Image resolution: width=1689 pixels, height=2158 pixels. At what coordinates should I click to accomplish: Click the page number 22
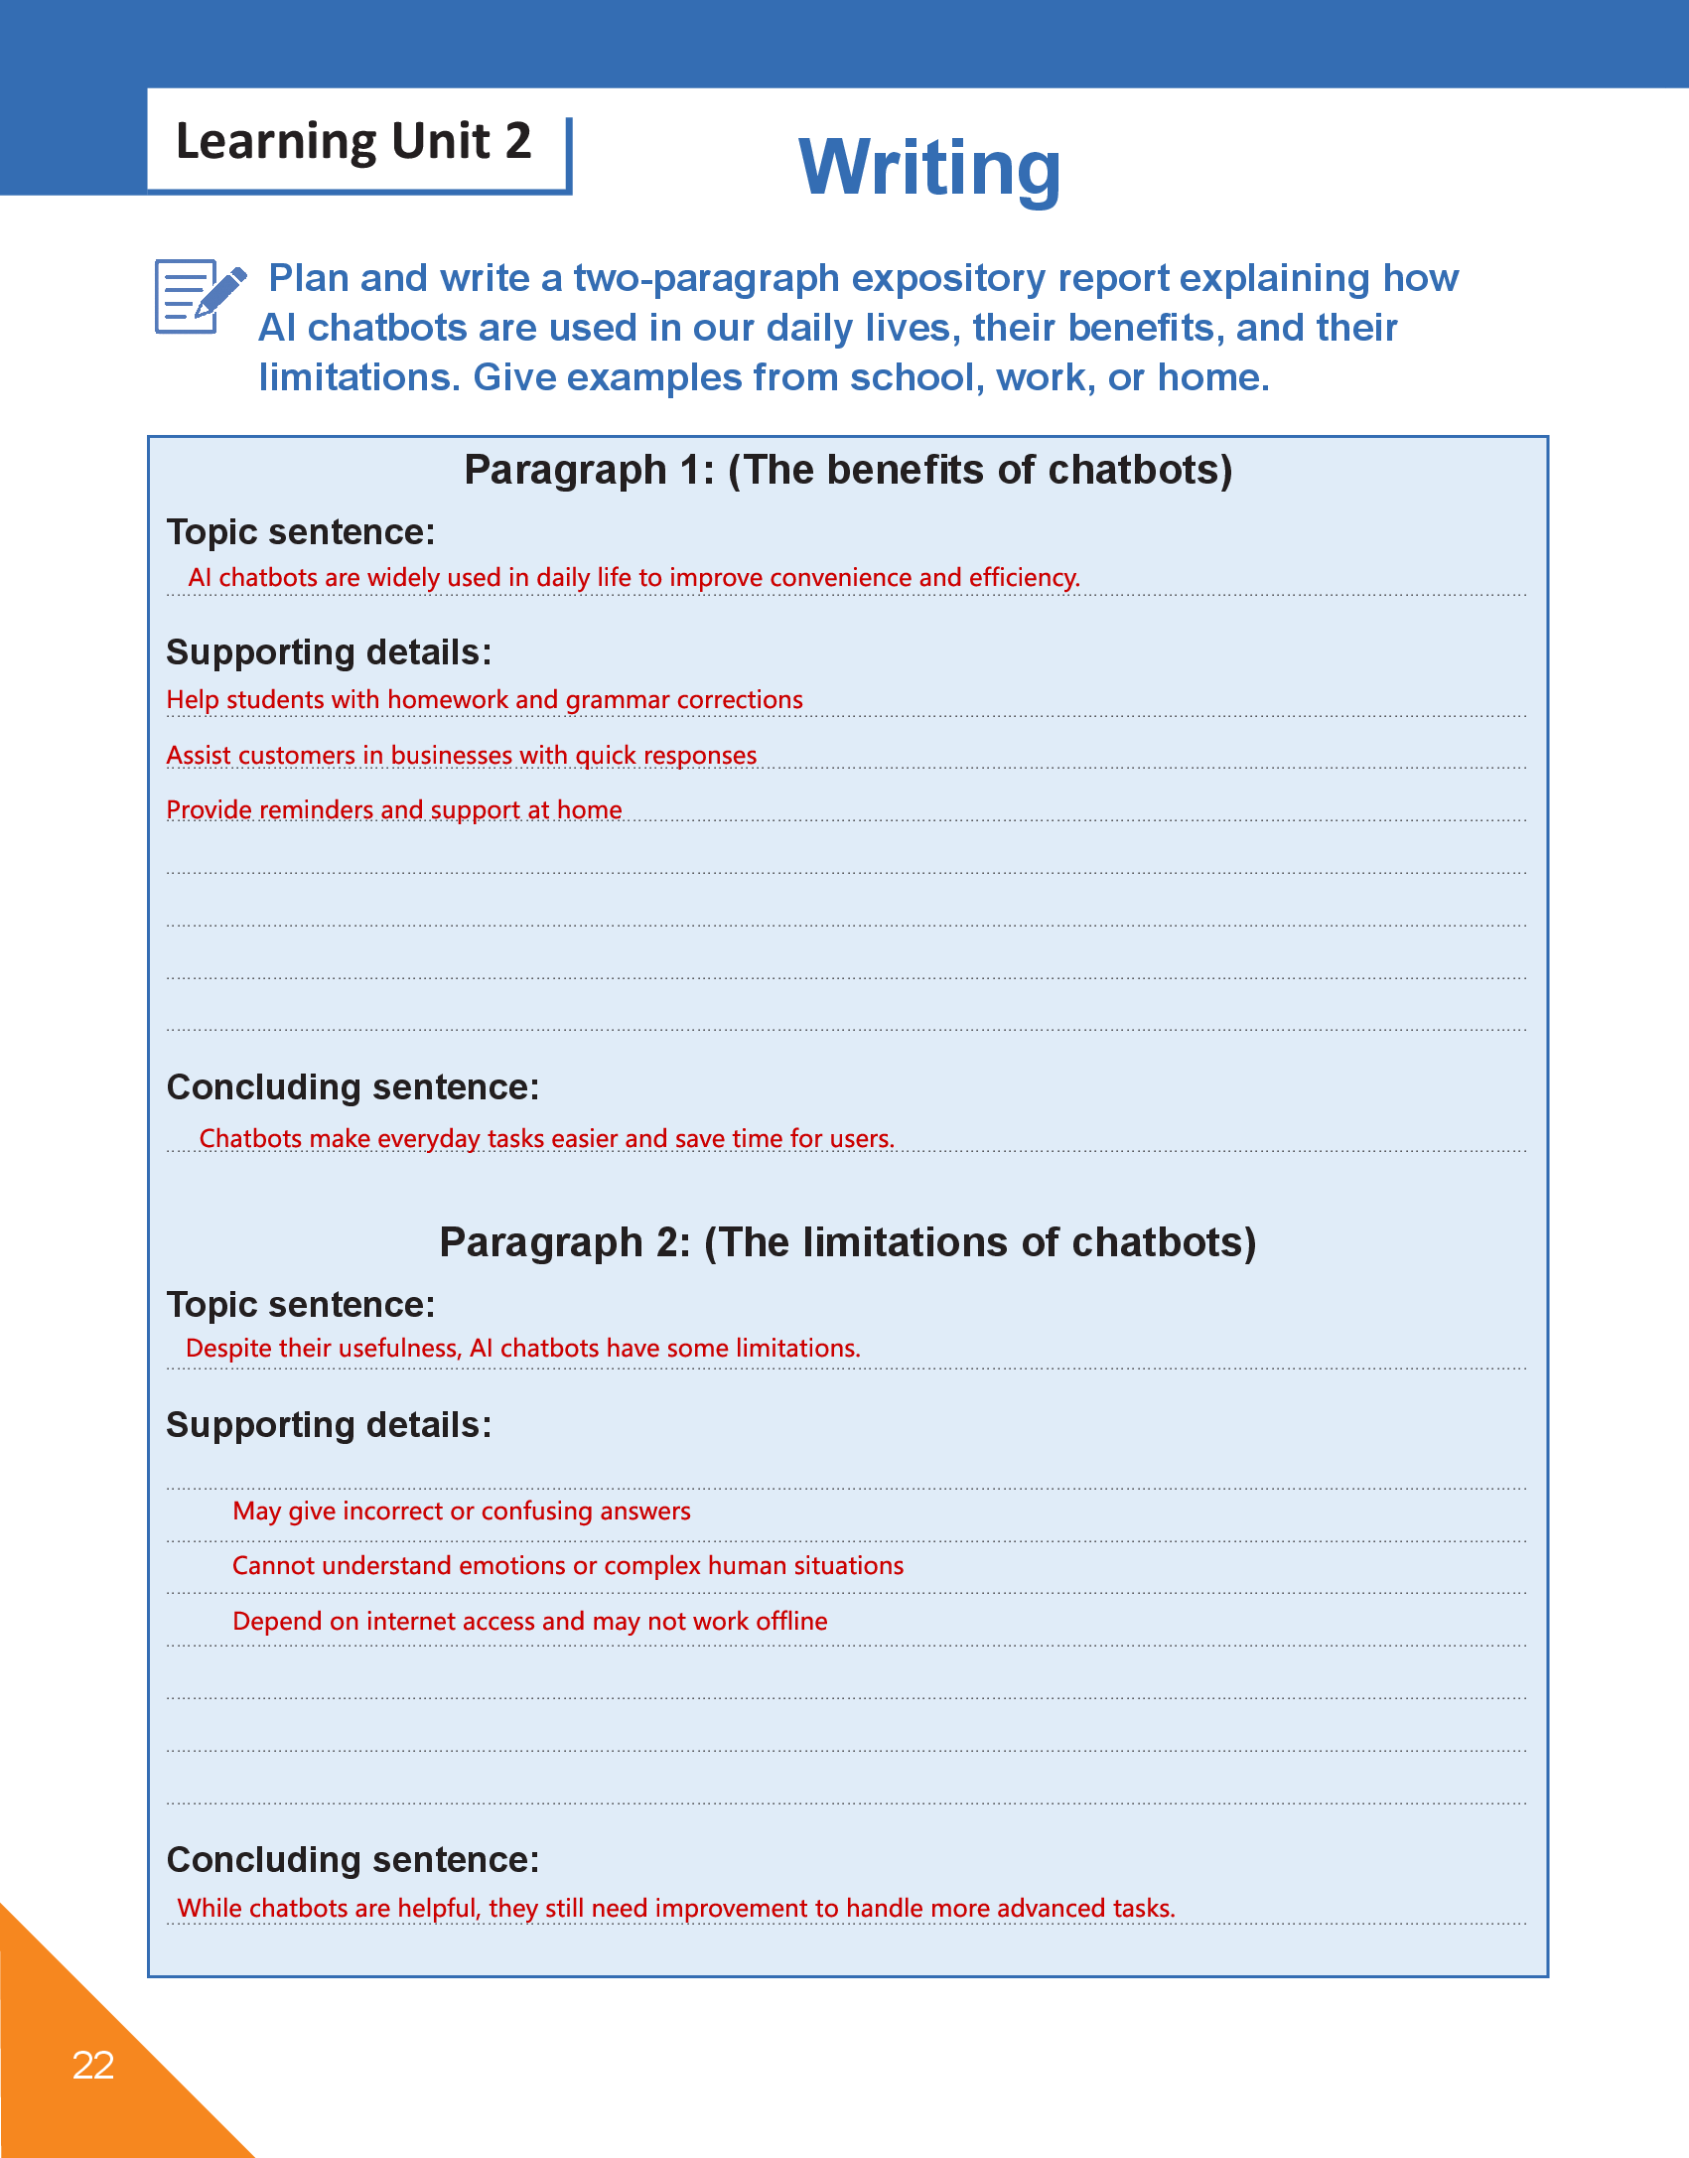point(93,2065)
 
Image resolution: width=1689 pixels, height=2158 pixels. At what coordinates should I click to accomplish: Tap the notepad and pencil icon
point(199,296)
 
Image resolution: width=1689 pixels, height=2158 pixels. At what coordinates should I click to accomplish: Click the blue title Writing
point(929,167)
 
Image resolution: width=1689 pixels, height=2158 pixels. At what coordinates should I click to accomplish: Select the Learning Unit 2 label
point(353,141)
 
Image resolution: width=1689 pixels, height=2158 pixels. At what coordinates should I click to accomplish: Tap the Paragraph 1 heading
point(848,470)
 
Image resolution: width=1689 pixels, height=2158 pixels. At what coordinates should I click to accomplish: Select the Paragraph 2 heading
point(848,1242)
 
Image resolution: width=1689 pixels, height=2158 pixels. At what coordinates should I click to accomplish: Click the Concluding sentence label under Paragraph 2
point(352,1860)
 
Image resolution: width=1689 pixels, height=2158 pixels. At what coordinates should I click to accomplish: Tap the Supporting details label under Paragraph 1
point(329,652)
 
